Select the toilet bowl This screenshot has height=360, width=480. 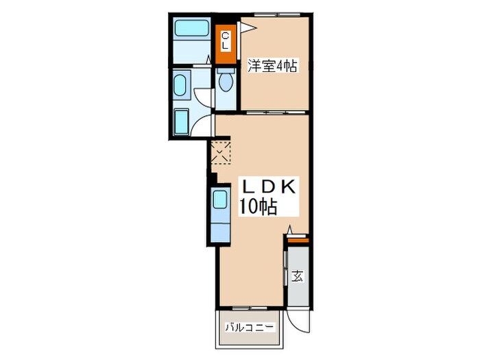point(226,82)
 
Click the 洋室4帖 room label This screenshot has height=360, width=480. point(272,67)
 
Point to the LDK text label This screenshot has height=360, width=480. point(267,187)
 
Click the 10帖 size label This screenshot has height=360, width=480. point(258,206)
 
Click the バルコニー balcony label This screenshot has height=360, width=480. point(250,327)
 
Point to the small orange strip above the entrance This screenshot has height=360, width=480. point(297,239)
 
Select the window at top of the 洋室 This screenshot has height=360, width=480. point(272,14)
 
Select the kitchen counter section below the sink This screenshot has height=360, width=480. point(220,227)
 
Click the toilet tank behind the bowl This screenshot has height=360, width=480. point(226,70)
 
